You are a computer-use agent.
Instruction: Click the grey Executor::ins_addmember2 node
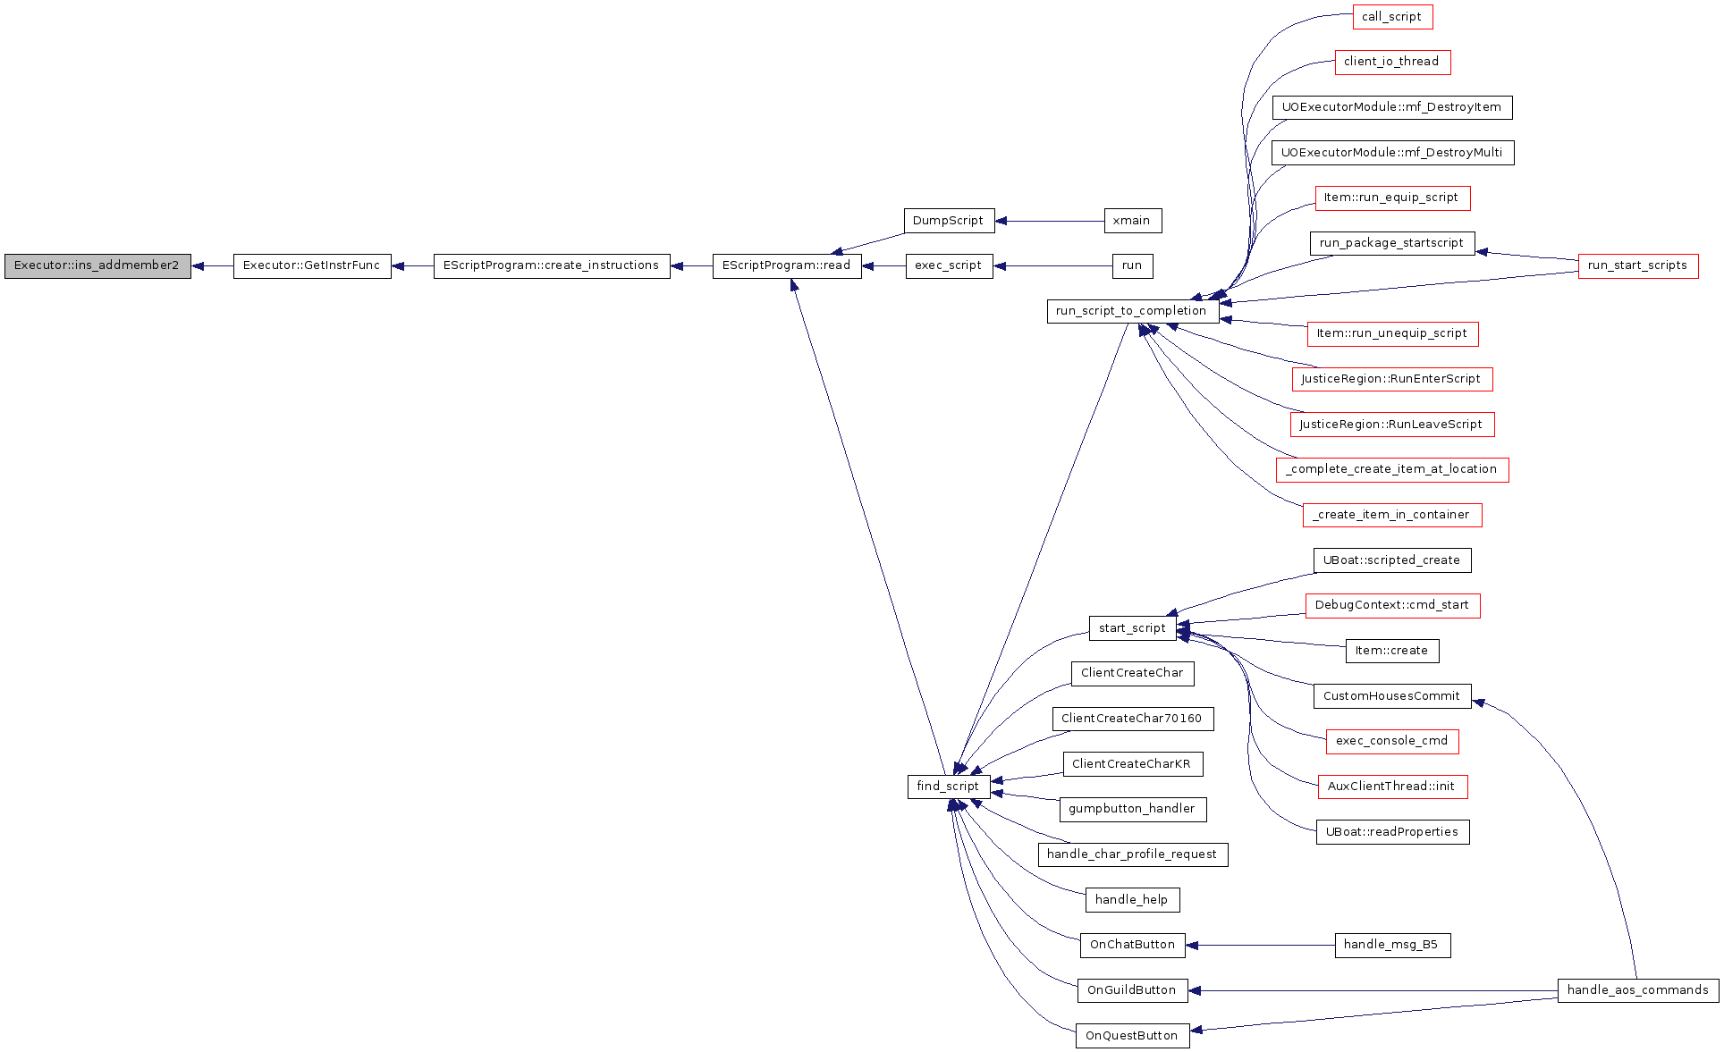click(x=97, y=266)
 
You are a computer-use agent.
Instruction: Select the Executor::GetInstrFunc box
click(x=312, y=266)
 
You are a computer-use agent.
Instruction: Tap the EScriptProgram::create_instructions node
click(x=552, y=266)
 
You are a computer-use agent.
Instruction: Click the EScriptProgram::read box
click(x=787, y=266)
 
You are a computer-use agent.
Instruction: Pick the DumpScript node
click(x=949, y=221)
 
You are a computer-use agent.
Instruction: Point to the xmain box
click(x=1132, y=221)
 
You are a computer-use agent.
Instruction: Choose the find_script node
click(x=949, y=787)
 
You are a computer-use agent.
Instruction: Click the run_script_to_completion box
click(x=1132, y=311)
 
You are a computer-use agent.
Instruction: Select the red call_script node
click(x=1392, y=17)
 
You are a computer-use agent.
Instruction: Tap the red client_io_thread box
click(x=1392, y=63)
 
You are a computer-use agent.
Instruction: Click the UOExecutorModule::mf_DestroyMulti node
click(x=1392, y=153)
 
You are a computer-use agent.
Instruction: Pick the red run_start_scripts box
click(x=1638, y=266)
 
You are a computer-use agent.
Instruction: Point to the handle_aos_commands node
click(x=1638, y=990)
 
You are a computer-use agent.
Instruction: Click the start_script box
click(x=1132, y=628)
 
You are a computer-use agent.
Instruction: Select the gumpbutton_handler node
click(x=1132, y=810)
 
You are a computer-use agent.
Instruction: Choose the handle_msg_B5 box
click(x=1392, y=946)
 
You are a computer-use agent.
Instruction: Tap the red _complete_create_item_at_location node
click(x=1392, y=470)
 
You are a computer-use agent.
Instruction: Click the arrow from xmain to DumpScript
click(x=1050, y=221)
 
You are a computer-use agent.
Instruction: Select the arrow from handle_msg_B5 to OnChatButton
click(x=1260, y=946)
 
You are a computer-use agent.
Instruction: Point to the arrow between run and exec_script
click(x=1053, y=266)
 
